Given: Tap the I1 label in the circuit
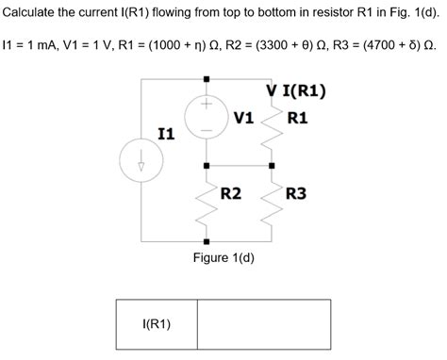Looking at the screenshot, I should tap(166, 134).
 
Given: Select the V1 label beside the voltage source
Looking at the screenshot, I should tap(244, 117).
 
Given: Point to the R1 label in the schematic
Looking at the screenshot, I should tap(298, 118).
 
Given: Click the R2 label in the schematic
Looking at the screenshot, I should tap(232, 193).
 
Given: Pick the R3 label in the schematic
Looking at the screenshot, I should tap(298, 193).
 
